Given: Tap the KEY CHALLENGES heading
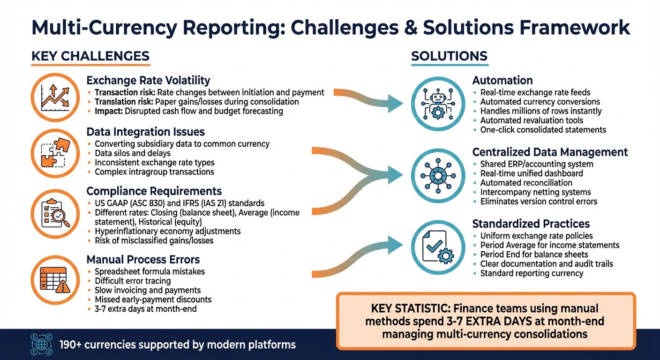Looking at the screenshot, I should pyautogui.click(x=90, y=56).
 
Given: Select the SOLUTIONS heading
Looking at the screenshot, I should pyautogui.click(x=449, y=56).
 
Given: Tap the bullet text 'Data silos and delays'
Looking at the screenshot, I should pyautogui.click(x=132, y=153).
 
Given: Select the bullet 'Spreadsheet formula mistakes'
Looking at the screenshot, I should pyautogui.click(x=150, y=271).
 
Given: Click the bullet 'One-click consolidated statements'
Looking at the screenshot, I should pyautogui.click(x=543, y=130).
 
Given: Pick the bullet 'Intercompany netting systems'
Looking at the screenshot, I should pyautogui.click(x=535, y=192).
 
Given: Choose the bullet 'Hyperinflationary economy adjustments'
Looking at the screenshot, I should pyautogui.click(x=167, y=231).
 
